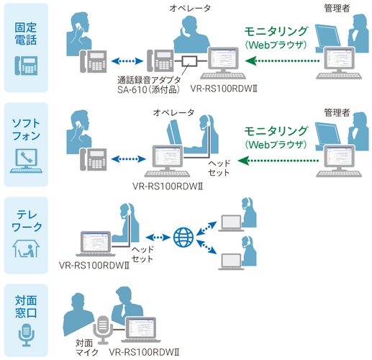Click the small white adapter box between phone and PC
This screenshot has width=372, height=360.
[x=191, y=60]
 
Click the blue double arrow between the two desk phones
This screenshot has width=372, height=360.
[x=127, y=61]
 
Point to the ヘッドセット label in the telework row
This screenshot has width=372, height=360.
[x=142, y=253]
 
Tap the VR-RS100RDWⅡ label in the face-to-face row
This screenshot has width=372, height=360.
[x=144, y=353]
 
